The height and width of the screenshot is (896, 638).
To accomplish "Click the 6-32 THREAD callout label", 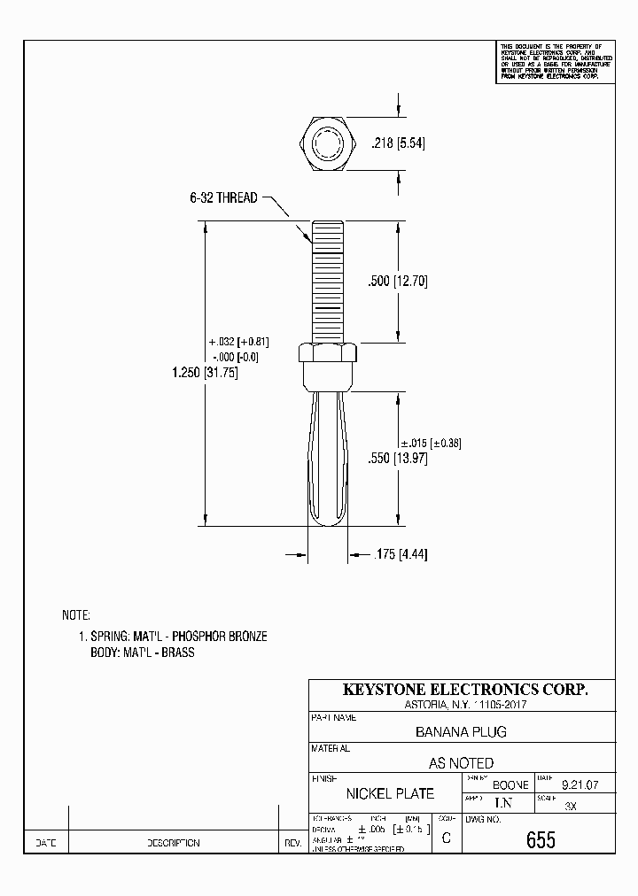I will click(223, 198).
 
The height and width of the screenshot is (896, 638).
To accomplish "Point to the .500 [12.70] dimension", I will click(398, 282).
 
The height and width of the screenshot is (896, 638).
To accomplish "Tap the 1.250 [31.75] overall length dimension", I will click(204, 373).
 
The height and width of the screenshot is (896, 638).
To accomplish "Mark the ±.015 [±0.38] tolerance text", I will click(431, 443).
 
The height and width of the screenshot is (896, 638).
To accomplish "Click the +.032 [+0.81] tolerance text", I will click(237, 342).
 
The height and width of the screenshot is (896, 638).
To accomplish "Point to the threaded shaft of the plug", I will click(329, 282).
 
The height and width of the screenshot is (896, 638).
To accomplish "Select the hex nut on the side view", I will click(329, 354).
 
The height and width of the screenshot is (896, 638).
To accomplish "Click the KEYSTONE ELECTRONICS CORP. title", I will click(464, 690).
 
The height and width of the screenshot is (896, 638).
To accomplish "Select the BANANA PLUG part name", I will click(461, 732).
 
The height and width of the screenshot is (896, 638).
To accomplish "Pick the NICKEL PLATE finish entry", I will click(390, 793).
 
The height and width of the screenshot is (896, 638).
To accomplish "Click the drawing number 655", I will click(541, 840).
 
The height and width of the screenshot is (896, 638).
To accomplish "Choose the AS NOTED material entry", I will click(461, 762).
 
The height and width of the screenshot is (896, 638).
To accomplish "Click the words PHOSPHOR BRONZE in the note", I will click(219, 637).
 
